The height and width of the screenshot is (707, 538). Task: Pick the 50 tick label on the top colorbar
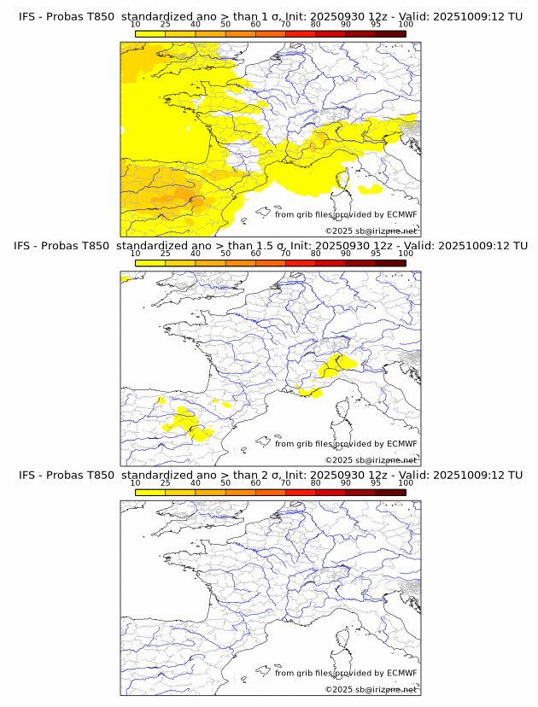(x=225, y=25)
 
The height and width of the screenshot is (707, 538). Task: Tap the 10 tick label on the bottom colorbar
(x=135, y=482)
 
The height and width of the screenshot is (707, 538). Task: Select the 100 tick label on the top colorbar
(x=406, y=25)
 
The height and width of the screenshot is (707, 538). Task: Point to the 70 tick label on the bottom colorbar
(x=285, y=482)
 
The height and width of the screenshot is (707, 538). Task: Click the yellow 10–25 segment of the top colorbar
(x=150, y=33)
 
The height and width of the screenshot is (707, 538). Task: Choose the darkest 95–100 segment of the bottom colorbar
(x=390, y=492)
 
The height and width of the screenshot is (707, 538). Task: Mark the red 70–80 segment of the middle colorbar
(x=301, y=263)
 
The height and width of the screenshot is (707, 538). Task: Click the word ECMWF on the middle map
(x=402, y=444)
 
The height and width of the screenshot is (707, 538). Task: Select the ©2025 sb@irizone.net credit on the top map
(x=371, y=231)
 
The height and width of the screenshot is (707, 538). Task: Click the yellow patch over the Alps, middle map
(x=335, y=365)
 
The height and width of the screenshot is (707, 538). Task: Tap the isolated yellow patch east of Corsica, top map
(x=371, y=189)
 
